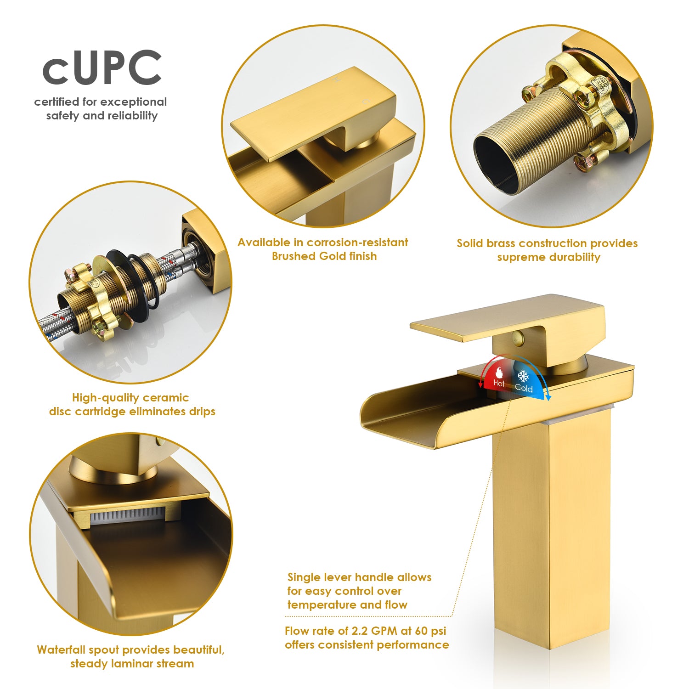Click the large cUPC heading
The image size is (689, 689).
click(x=102, y=68)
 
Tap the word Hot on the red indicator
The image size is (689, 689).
click(x=499, y=383)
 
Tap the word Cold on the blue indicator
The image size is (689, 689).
click(x=524, y=388)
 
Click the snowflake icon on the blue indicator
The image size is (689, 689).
click(x=523, y=376)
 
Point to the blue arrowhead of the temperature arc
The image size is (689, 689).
click(x=548, y=396)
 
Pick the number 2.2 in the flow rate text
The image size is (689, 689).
click(x=359, y=631)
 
